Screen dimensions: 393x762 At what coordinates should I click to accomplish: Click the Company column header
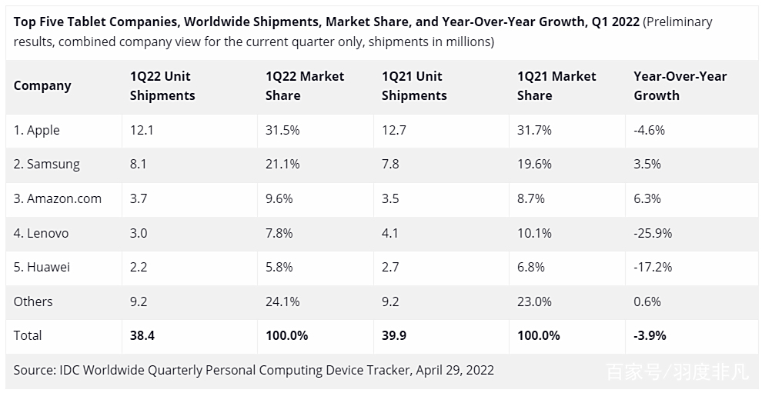coord(42,86)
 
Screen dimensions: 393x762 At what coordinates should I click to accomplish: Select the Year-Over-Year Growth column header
coord(680,86)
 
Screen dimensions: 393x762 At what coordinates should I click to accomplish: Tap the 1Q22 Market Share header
coord(305,86)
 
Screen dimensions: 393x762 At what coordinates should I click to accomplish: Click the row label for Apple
coord(36,130)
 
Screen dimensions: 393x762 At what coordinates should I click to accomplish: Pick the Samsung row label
coord(46,165)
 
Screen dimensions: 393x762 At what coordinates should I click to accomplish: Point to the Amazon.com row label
coord(58,198)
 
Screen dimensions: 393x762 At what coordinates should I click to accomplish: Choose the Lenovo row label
coord(41,233)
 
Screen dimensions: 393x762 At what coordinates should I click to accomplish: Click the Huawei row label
coord(42,267)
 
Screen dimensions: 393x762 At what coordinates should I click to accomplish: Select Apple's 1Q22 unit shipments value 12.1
coord(142,130)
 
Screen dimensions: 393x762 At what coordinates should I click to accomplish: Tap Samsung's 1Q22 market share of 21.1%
coord(282,165)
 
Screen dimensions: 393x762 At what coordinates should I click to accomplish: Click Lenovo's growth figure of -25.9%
coord(653,233)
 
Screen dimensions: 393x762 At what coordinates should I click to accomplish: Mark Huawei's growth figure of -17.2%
coord(653,267)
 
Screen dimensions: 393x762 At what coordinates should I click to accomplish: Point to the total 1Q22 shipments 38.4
coord(142,335)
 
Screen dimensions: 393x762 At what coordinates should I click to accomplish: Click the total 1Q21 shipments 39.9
coord(395,335)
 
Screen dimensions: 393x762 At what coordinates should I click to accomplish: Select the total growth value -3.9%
coord(650,335)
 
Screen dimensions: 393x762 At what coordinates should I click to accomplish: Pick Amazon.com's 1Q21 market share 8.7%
coord(531,198)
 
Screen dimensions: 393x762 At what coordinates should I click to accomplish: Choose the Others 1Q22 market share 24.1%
coord(282,301)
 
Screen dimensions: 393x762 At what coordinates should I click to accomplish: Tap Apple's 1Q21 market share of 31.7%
coord(534,130)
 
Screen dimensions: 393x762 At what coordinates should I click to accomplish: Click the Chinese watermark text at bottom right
coord(677,373)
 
